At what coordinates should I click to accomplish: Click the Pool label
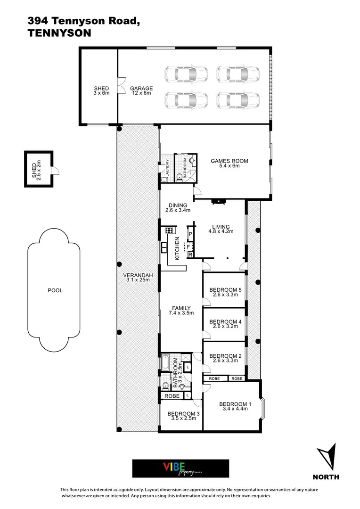coord(55,290)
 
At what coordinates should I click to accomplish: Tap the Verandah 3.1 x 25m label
coord(136,278)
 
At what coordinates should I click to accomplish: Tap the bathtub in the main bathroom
coord(166,363)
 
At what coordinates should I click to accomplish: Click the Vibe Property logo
coord(180,468)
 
